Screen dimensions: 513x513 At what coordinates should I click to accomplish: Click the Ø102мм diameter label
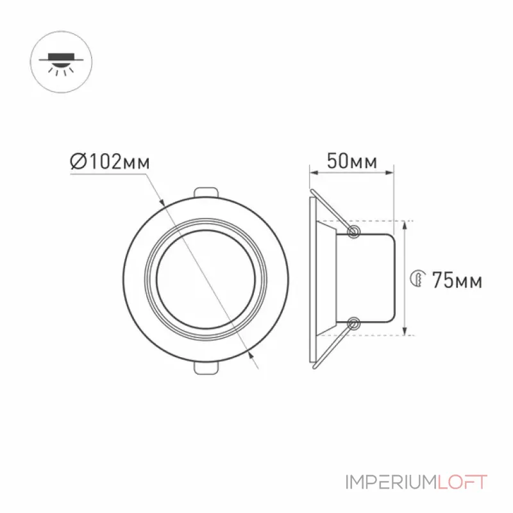(110, 162)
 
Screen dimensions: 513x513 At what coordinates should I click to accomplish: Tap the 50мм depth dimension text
(352, 161)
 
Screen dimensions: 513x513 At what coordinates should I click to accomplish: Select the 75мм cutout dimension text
(457, 280)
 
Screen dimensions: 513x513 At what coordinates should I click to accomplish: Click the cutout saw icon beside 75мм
(418, 279)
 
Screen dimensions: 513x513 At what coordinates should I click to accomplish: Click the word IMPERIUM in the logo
(391, 482)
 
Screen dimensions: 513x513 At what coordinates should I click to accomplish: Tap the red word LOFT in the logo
(462, 482)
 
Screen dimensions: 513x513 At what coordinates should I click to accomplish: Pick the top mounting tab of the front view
(206, 192)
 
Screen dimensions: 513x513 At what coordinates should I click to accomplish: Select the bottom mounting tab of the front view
(206, 367)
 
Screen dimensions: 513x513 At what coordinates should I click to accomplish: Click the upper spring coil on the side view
(353, 231)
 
